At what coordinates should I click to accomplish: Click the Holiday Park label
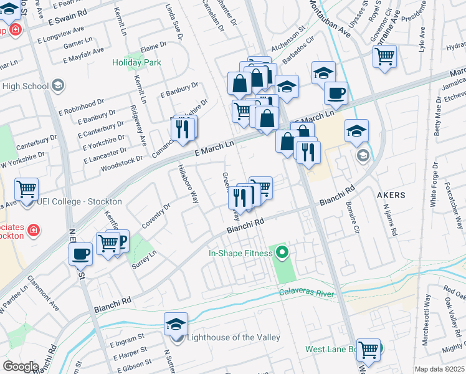(136, 62)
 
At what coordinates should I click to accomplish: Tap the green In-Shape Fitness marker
(282, 253)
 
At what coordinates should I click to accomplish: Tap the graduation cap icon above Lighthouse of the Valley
(176, 324)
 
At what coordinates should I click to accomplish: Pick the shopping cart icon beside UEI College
(26, 189)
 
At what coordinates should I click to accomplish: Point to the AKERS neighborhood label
(391, 195)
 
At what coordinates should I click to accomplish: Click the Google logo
(21, 366)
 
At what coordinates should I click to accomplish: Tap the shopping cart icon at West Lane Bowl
(368, 350)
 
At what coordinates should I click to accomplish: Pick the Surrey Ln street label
(143, 257)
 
